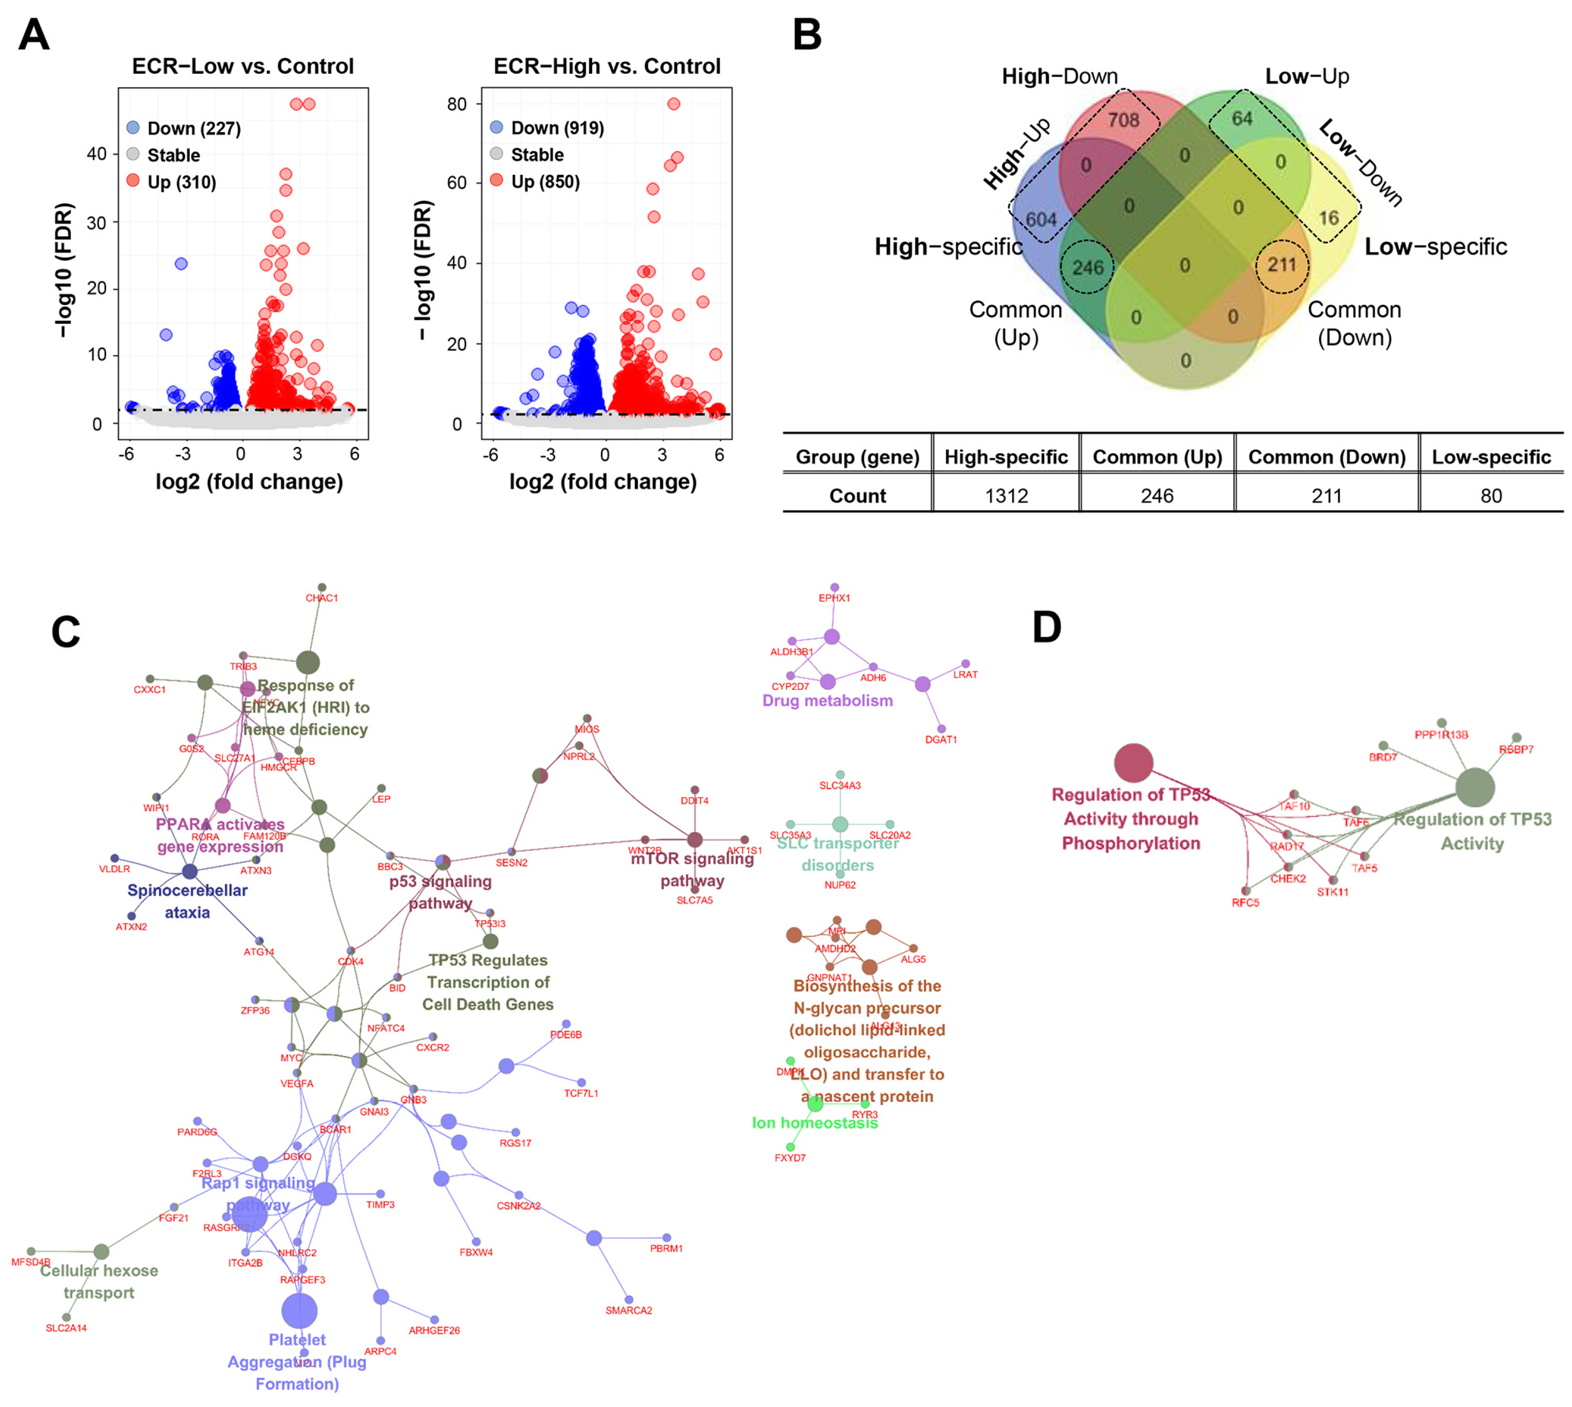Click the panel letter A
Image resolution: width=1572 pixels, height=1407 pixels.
[34, 35]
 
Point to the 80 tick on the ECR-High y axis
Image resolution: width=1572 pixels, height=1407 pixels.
[457, 105]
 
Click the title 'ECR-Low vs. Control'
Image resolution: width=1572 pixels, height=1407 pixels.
[243, 67]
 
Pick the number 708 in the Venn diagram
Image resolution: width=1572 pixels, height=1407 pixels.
[1123, 120]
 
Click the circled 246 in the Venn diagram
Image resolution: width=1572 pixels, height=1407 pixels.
[1087, 268]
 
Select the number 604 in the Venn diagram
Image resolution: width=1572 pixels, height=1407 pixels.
[1041, 219]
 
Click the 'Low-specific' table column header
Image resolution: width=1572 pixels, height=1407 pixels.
[1491, 457]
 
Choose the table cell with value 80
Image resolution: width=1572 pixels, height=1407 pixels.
[1491, 496]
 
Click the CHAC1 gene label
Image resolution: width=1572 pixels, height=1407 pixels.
[321, 598]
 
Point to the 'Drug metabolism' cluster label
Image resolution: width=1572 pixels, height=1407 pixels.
[828, 700]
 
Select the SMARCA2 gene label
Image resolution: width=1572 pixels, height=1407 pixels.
[629, 1310]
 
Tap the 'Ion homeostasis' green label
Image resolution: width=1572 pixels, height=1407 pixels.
[815, 1123]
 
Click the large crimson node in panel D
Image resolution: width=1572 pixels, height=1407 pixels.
[1133, 763]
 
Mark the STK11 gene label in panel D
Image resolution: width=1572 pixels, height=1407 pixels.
[1332, 892]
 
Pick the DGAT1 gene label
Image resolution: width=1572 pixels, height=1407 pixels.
[941, 740]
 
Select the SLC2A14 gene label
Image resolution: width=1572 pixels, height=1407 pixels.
[67, 1328]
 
